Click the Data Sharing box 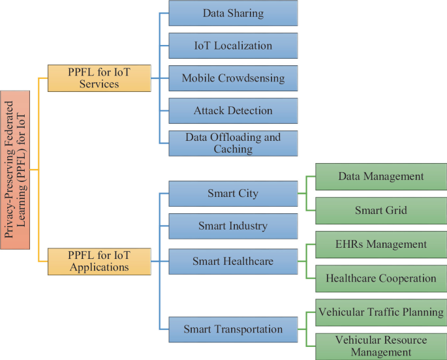tap(233, 13)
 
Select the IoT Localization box tap(233, 46)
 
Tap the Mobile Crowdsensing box tap(233, 78)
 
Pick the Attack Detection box tap(233, 111)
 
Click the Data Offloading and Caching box tap(233, 143)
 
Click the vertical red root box tap(15, 170)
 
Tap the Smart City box tap(233, 194)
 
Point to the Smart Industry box tap(233, 226)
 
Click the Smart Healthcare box tap(233, 262)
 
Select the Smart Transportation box tap(233, 329)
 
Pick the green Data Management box tap(381, 177)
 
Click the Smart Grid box tap(381, 210)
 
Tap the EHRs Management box tap(381, 245)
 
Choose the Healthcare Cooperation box tap(381, 278)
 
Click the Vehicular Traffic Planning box tap(381, 312)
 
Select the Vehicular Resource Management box tap(381, 346)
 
